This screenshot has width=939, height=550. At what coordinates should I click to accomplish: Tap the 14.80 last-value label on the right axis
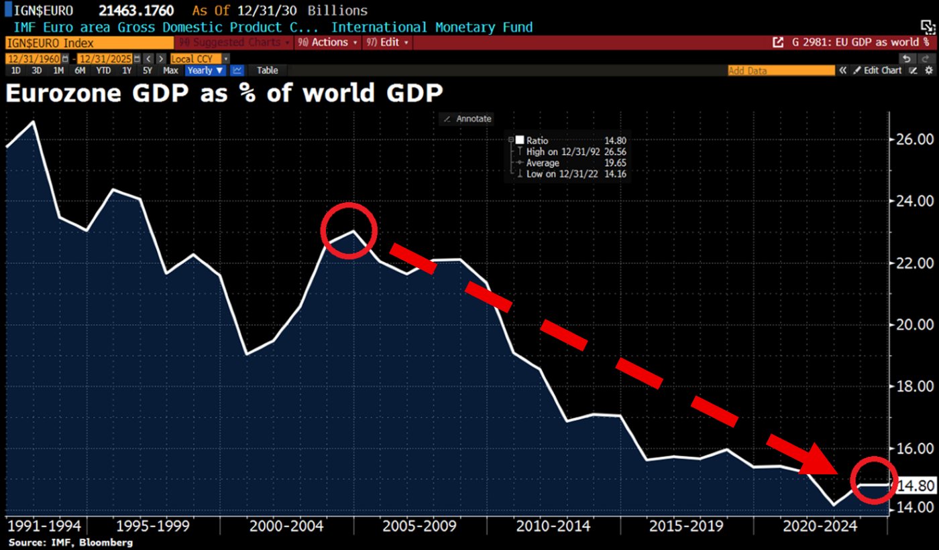pyautogui.click(x=916, y=486)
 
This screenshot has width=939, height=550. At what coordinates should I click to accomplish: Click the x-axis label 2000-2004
pyautogui.click(x=286, y=526)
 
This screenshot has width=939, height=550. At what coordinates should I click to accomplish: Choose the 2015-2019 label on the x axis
pyautogui.click(x=686, y=526)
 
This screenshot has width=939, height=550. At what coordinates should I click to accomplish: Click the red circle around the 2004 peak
pyautogui.click(x=349, y=230)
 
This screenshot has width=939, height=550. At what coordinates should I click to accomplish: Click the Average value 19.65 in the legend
pyautogui.click(x=615, y=163)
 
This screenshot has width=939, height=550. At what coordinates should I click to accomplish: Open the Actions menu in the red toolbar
pyautogui.click(x=327, y=42)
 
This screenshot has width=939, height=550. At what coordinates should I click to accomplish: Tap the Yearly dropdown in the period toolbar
pyautogui.click(x=205, y=70)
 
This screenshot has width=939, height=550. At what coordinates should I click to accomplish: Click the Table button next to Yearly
pyautogui.click(x=267, y=70)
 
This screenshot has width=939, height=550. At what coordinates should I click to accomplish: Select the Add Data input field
pyautogui.click(x=781, y=70)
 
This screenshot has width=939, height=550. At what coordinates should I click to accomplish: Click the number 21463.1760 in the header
pyautogui.click(x=137, y=11)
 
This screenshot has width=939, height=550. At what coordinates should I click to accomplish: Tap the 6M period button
pyautogui.click(x=80, y=70)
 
